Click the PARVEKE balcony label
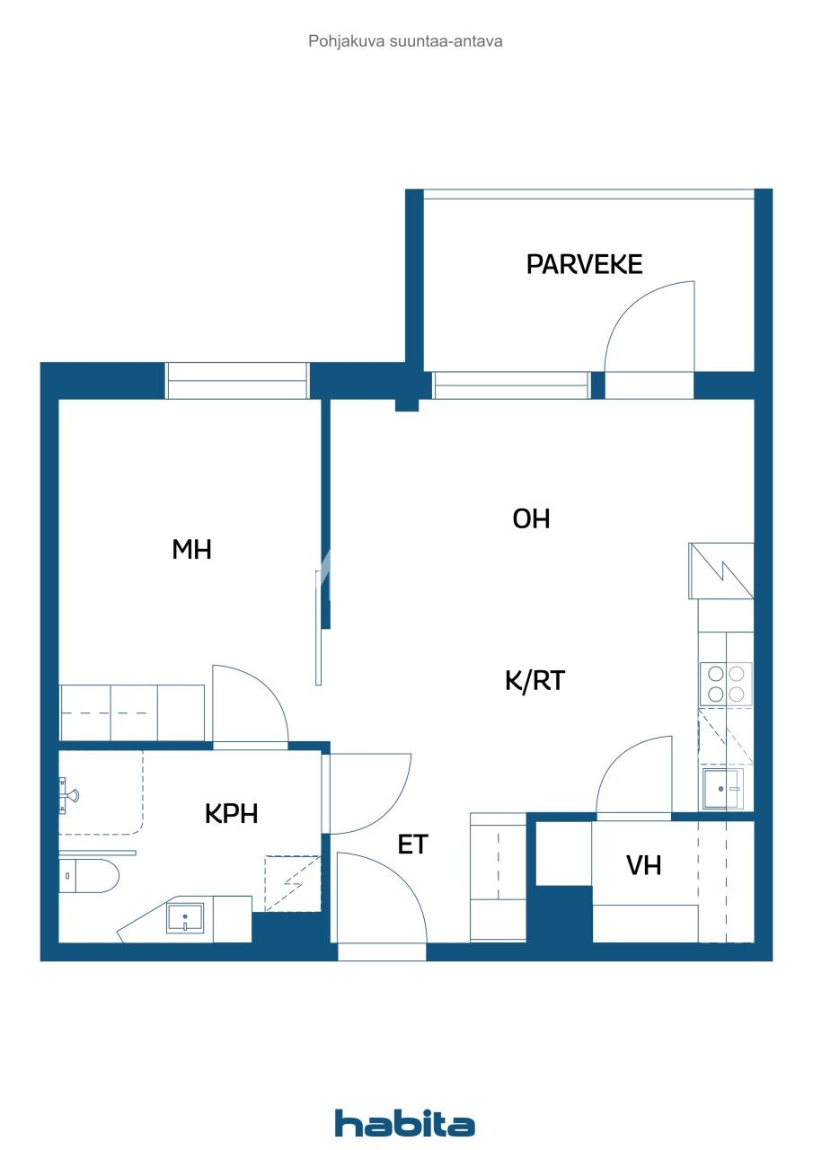point(584,264)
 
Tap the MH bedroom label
point(191,550)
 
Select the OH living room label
point(531,518)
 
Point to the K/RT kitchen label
point(535,681)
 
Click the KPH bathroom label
point(231,813)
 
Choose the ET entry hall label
point(412,845)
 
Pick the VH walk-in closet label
point(643,865)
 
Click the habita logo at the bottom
point(404,1123)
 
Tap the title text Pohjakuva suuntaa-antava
point(405,40)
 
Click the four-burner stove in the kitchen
point(726,683)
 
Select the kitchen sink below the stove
point(722,788)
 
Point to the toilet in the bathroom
point(88,875)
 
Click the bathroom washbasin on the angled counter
point(185,918)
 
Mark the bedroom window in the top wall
point(237,381)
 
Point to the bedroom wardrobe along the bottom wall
point(132,712)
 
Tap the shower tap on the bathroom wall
point(68,794)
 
